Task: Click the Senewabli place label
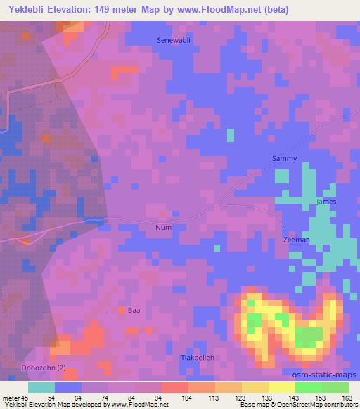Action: click(173, 40)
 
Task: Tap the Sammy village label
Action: click(285, 159)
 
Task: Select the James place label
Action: click(327, 202)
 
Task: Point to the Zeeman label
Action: click(296, 240)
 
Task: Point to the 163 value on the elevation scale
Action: click(347, 397)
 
